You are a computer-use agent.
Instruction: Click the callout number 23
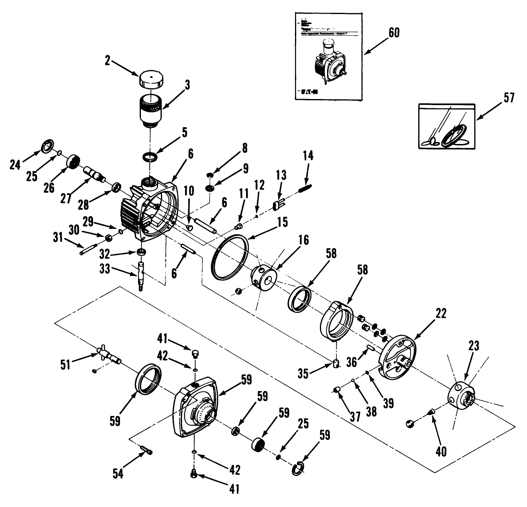[x=474, y=346]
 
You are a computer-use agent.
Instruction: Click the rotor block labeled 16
[x=264, y=276]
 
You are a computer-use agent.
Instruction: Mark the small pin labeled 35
[x=336, y=363]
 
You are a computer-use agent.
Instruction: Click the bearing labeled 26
[x=73, y=162]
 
